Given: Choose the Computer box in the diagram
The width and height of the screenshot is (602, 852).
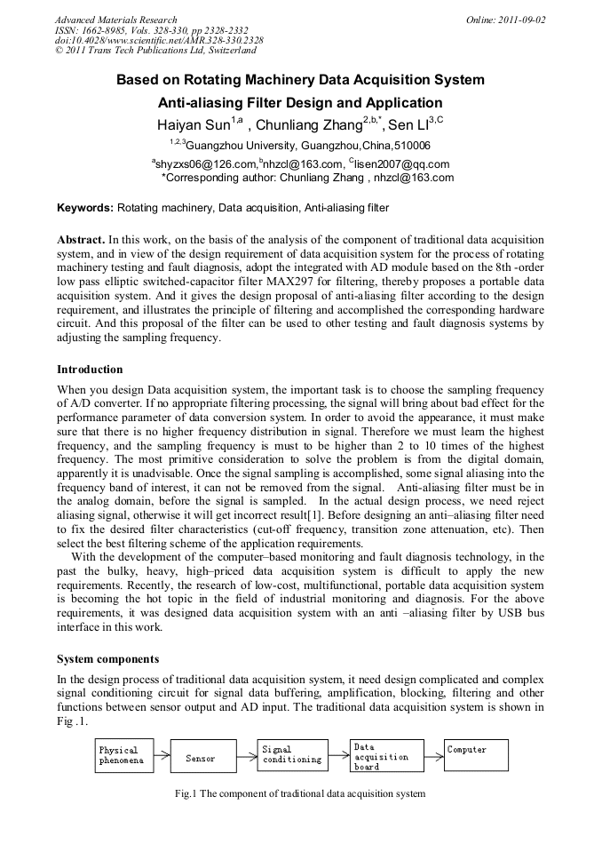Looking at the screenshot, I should (479, 755).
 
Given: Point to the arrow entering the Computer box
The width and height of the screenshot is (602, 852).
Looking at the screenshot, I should (433, 756).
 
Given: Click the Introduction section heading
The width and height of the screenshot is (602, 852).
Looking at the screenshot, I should (90, 369).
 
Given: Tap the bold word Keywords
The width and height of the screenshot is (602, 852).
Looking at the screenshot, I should (84, 208).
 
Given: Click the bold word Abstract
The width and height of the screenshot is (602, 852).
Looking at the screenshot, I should (81, 240).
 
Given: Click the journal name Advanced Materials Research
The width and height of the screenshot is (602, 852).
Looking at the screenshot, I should (115, 19).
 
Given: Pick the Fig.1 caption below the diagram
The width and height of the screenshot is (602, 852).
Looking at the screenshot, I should (300, 793).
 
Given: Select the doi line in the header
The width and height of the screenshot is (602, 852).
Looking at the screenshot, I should (159, 40).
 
